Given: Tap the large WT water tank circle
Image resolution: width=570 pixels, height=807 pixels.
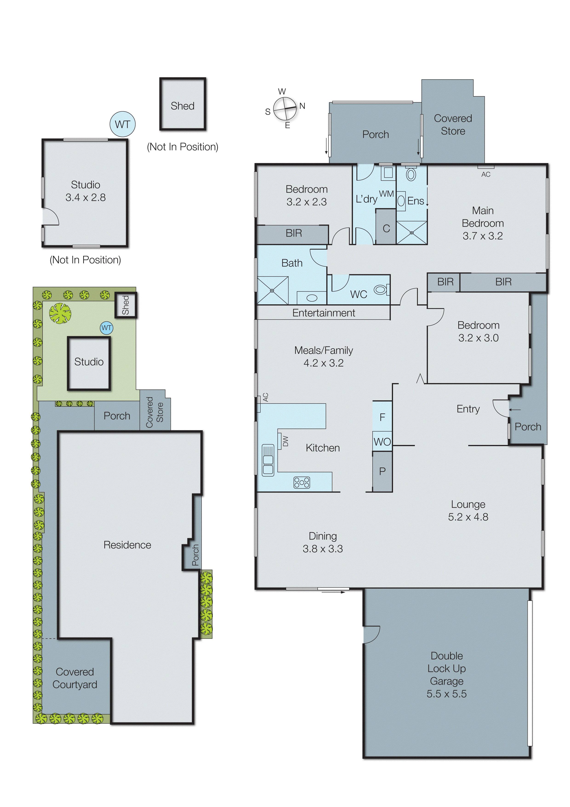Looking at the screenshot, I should point(122,124).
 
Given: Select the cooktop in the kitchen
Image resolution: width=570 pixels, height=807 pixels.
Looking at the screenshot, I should point(302,483).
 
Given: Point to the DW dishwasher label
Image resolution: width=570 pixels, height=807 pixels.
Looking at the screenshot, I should point(285,441).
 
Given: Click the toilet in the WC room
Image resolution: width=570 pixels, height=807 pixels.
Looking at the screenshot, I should point(381,290).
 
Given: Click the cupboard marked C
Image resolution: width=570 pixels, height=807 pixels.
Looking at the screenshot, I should point(386,228).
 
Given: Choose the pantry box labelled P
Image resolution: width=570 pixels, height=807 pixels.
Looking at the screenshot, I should point(382,471).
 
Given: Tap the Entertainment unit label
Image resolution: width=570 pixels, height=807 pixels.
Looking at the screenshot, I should point(323,313).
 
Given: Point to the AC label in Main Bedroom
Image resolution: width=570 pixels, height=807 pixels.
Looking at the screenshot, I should point(485,174).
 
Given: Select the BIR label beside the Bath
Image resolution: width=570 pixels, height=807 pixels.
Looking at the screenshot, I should point(294,233).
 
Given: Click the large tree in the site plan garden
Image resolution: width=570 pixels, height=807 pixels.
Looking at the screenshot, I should point(60,313).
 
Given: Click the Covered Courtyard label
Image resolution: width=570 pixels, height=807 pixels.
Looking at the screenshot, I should point(75,678).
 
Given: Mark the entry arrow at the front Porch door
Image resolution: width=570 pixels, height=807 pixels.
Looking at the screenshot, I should point(515,409).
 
